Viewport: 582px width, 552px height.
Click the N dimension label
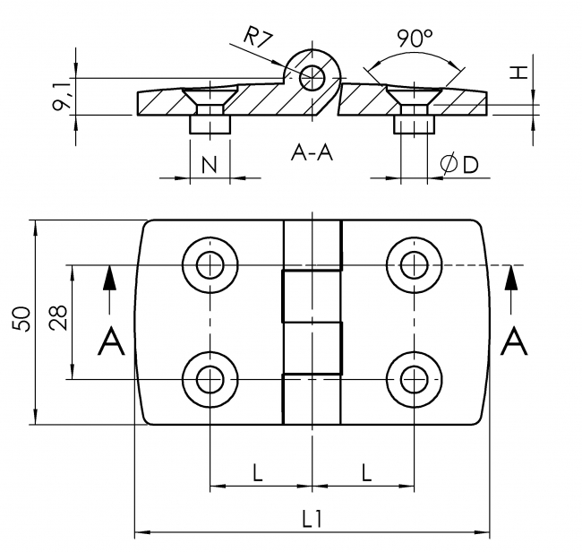click(x=210, y=164)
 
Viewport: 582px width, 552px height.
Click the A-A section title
click(x=312, y=153)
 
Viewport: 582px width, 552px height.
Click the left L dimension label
click(x=258, y=471)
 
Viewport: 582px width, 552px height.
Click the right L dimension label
click(x=366, y=471)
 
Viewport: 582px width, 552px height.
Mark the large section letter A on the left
click(x=110, y=341)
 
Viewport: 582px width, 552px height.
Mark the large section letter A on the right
click(x=514, y=341)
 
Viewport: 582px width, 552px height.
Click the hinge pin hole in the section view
click(x=313, y=75)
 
